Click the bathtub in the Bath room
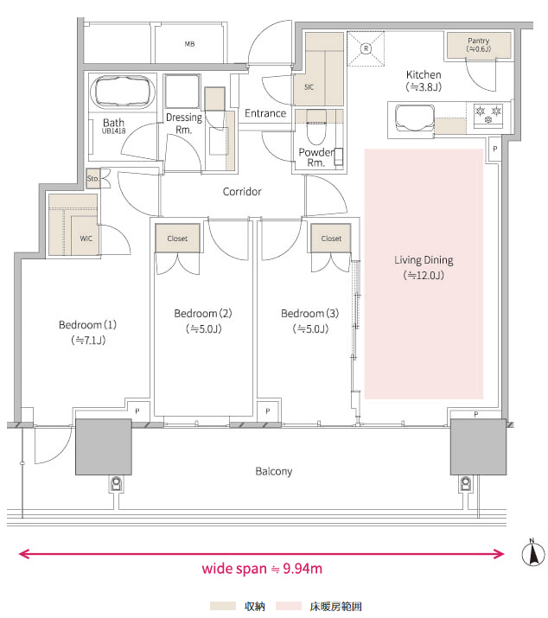point(122,92)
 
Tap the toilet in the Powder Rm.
point(315,127)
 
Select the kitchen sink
point(414,118)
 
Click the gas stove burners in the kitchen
point(488,115)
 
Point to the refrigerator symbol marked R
point(366,48)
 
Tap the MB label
point(189,44)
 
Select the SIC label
point(309,87)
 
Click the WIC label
point(86,239)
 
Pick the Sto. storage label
point(92,178)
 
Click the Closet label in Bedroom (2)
point(177,239)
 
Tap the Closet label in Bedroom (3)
point(331,239)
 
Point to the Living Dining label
point(424,260)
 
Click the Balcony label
point(274,471)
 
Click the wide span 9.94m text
point(262,569)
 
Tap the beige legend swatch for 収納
point(223,606)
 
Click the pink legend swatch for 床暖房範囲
point(289,606)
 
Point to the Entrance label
point(265,113)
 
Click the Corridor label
point(242,192)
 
